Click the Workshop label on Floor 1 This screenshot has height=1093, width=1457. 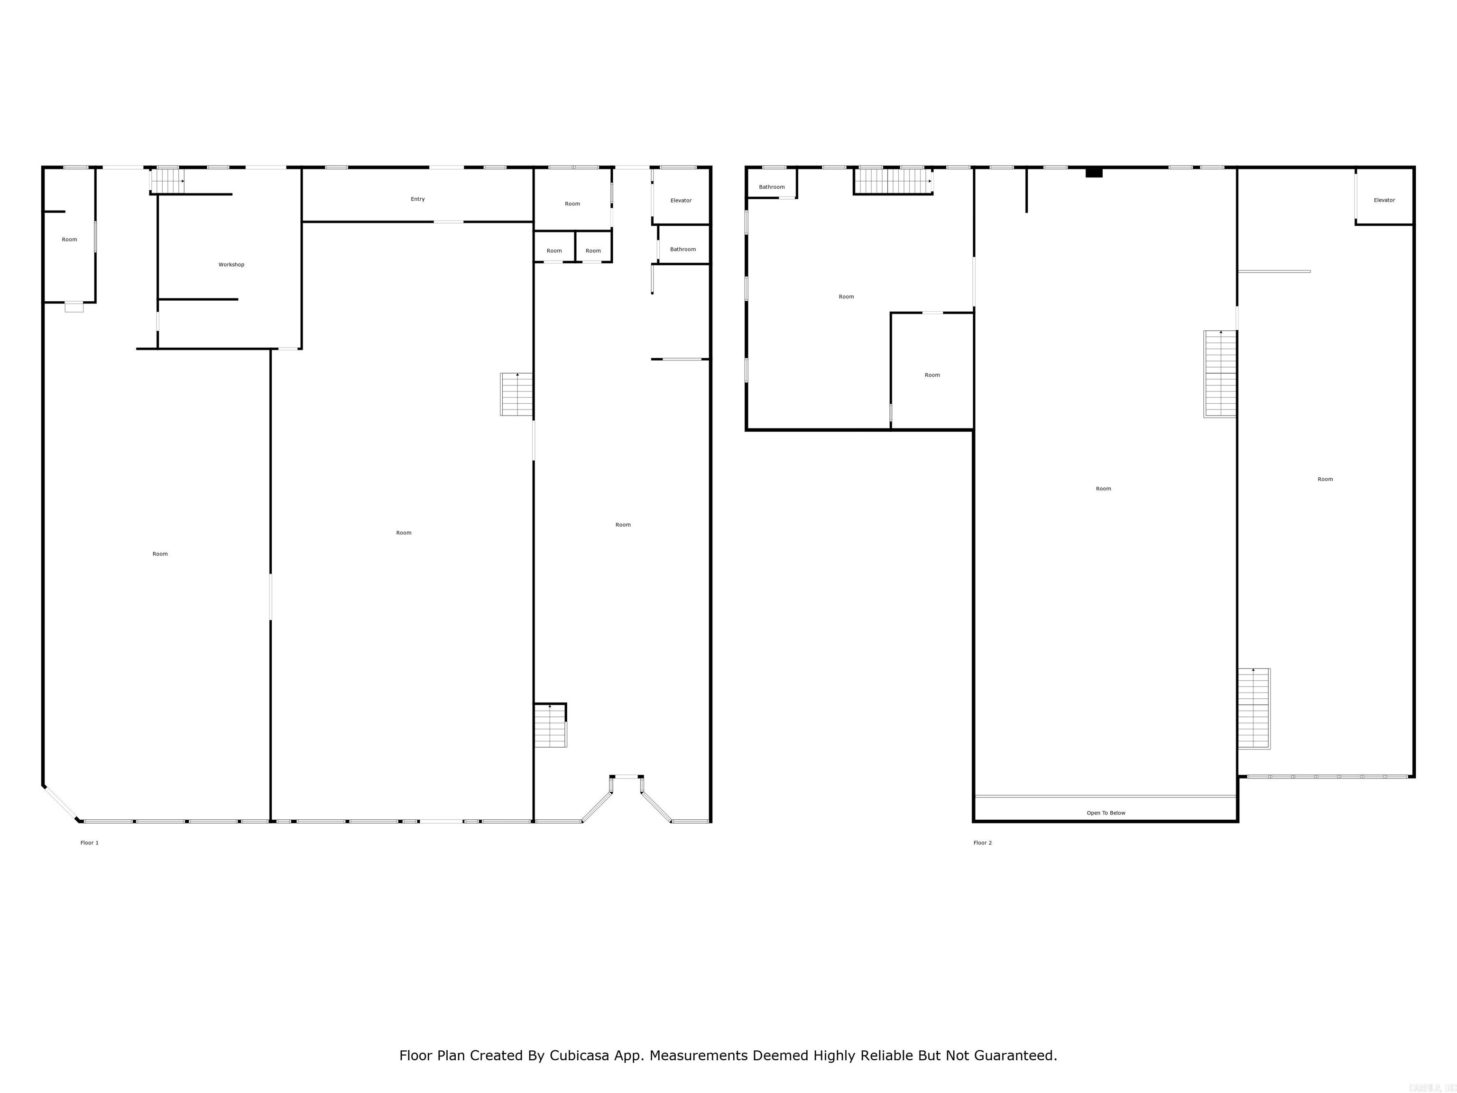[231, 265]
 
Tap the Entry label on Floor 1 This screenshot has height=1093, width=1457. [417, 199]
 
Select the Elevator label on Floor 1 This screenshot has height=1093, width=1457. [681, 200]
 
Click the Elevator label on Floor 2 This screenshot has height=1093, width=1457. [1384, 200]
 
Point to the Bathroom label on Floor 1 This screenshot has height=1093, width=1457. [682, 249]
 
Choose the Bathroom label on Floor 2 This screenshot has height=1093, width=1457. [771, 187]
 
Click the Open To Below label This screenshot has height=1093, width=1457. [1105, 813]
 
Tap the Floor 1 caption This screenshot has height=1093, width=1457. [90, 843]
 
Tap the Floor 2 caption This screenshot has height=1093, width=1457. [982, 843]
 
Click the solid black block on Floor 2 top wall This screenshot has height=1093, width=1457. [1093, 173]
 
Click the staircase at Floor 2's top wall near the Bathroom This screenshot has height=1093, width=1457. [893, 181]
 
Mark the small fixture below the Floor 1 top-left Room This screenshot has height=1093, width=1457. [74, 307]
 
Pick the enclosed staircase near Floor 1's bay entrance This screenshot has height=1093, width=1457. [550, 725]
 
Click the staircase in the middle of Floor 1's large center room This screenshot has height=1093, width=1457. [516, 394]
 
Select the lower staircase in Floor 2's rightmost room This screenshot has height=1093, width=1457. [1254, 708]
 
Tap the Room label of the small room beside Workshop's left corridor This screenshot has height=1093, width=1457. [69, 240]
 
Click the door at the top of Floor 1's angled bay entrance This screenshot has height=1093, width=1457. [626, 777]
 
